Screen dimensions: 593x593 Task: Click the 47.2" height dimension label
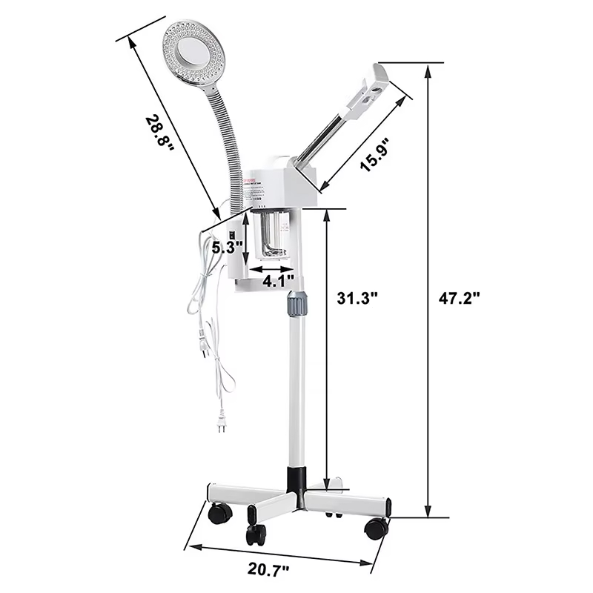[x=460, y=299]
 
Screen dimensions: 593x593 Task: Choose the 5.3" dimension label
[x=226, y=248]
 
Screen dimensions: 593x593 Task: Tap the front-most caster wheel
[x=256, y=532]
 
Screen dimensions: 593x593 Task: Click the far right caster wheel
[x=376, y=528]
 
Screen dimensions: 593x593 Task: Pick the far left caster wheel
[x=219, y=512]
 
